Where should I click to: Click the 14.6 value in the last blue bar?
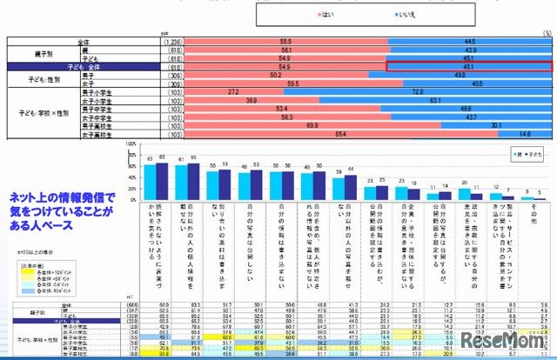(525, 133)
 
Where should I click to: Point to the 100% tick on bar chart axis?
(131, 143)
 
